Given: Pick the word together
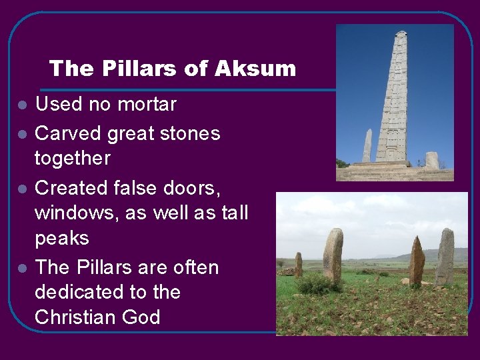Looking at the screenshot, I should (x=73, y=159).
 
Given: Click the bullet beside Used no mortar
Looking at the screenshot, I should (x=23, y=105).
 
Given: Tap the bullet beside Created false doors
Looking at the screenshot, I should (x=23, y=189).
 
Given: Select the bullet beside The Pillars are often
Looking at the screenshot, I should (x=23, y=268).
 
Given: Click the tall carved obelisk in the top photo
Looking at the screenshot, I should (x=393, y=100).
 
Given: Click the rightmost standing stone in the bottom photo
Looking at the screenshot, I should (x=445, y=257).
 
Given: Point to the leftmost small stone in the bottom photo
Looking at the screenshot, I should (x=298, y=263).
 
